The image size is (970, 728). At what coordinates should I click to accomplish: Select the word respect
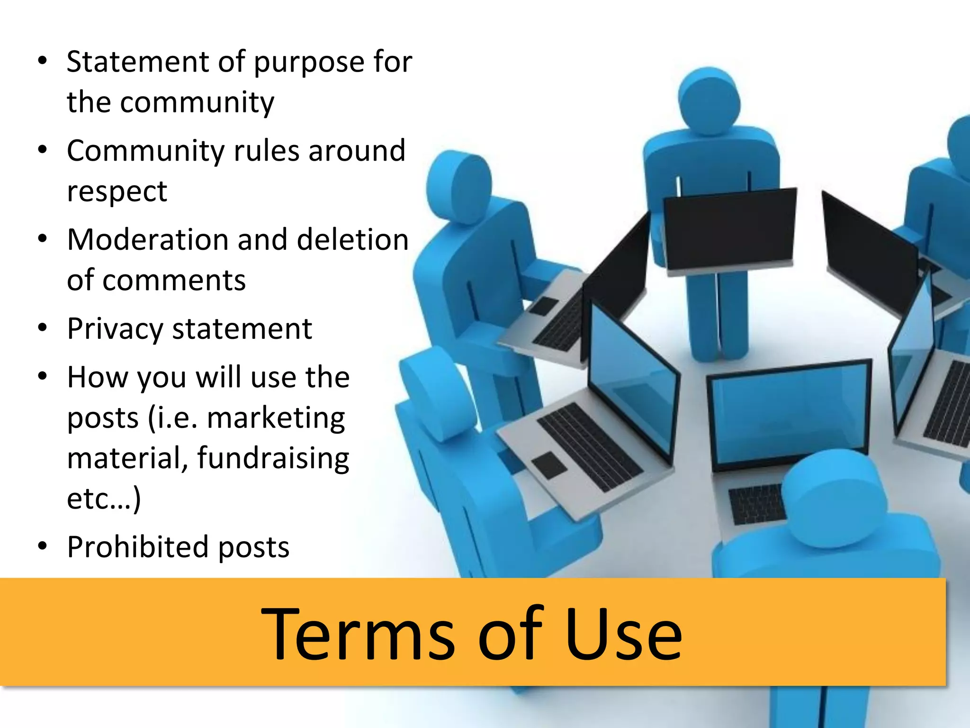117,192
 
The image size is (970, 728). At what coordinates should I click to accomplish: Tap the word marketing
276,419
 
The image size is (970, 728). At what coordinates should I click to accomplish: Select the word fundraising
273,459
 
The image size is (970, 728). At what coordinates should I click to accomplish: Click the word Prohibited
138,547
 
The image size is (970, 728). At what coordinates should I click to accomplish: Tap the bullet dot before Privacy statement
43,328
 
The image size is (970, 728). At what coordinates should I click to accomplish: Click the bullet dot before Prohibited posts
43,546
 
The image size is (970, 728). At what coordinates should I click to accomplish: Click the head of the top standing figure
709,100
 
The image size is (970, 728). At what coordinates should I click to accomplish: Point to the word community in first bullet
197,102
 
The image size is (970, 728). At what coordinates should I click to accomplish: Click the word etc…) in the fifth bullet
104,499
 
